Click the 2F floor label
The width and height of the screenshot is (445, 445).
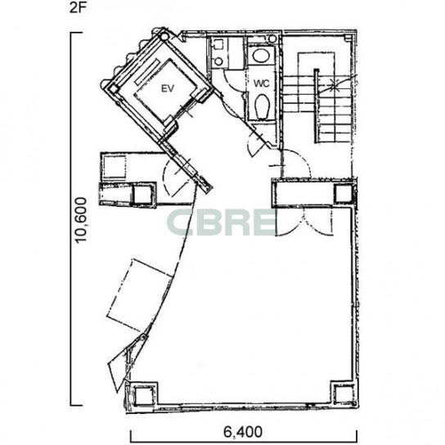(77, 7)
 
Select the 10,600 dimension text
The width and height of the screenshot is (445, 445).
(81, 220)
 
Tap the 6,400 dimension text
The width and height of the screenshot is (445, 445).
(243, 432)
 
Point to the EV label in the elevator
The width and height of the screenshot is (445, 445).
(168, 89)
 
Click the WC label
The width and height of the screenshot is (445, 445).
(262, 83)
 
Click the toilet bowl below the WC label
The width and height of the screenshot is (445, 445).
(262, 106)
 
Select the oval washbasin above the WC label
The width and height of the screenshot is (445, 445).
(262, 56)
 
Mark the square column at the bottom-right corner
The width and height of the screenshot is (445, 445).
(343, 394)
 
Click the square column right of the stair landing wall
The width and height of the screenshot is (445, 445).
(344, 194)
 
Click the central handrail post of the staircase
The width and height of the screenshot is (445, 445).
(317, 106)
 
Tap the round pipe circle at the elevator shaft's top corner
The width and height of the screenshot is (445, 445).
(164, 36)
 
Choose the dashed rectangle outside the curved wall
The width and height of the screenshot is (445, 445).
(140, 295)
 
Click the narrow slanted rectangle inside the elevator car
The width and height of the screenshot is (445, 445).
(147, 72)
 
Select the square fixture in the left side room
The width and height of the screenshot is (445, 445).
(115, 167)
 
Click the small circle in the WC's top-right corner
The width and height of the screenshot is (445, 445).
(272, 38)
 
